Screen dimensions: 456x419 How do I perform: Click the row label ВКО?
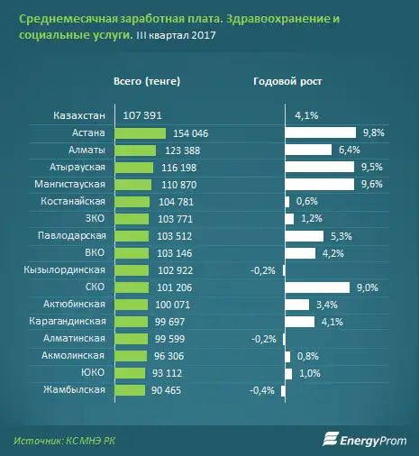(x=94, y=252)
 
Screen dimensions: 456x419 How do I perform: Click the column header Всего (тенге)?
(x=147, y=81)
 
